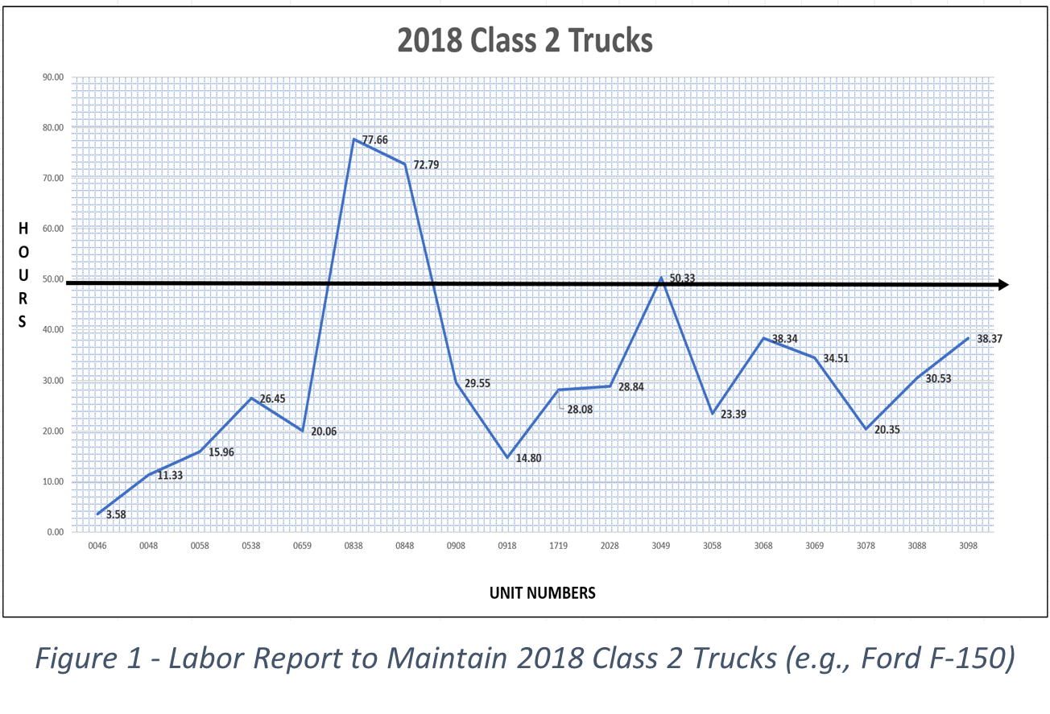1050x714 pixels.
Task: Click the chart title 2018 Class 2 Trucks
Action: [524, 40]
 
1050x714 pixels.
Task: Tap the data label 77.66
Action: [375, 140]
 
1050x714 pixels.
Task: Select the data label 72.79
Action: [427, 164]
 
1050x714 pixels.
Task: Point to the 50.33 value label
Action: [682, 279]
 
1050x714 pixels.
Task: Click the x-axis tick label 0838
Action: [353, 546]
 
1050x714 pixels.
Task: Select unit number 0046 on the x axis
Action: [97, 546]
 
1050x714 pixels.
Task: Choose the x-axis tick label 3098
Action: [968, 546]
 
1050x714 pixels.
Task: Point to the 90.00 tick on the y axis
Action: [53, 77]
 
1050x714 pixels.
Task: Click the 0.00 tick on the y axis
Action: [55, 532]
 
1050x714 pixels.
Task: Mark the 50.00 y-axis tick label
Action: [53, 279]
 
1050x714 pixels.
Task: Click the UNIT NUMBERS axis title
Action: [543, 593]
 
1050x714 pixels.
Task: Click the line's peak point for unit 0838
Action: [353, 139]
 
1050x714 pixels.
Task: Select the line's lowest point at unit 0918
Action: [507, 457]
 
